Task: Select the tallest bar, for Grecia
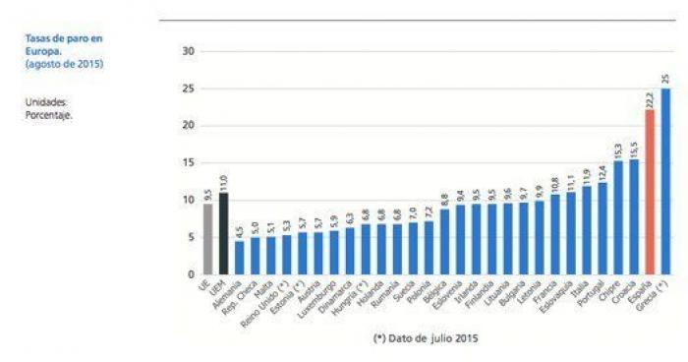665,181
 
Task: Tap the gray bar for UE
207,239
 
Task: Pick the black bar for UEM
223,233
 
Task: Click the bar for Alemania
239,258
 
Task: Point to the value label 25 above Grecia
665,79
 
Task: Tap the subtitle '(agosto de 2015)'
65,64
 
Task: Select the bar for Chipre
618,217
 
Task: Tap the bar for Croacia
634,216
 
